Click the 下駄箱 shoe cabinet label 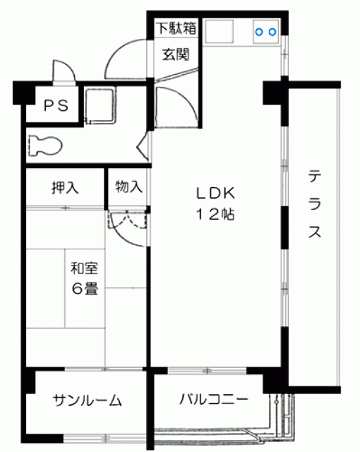coord(176,28)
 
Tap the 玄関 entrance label coord(175,54)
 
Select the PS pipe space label coord(56,105)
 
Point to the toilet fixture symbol coord(45,145)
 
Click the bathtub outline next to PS coord(100,106)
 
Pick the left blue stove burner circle coord(259,32)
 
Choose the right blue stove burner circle coord(272,32)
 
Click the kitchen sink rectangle coord(219,31)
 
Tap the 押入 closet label coord(65,188)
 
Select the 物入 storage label coord(128,186)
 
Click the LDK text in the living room coord(216,193)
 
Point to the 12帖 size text coord(215,214)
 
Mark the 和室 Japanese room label coord(85,268)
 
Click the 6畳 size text coord(85,289)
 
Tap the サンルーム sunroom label coord(88,400)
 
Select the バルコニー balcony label coord(213,399)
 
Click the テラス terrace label coord(315,204)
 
